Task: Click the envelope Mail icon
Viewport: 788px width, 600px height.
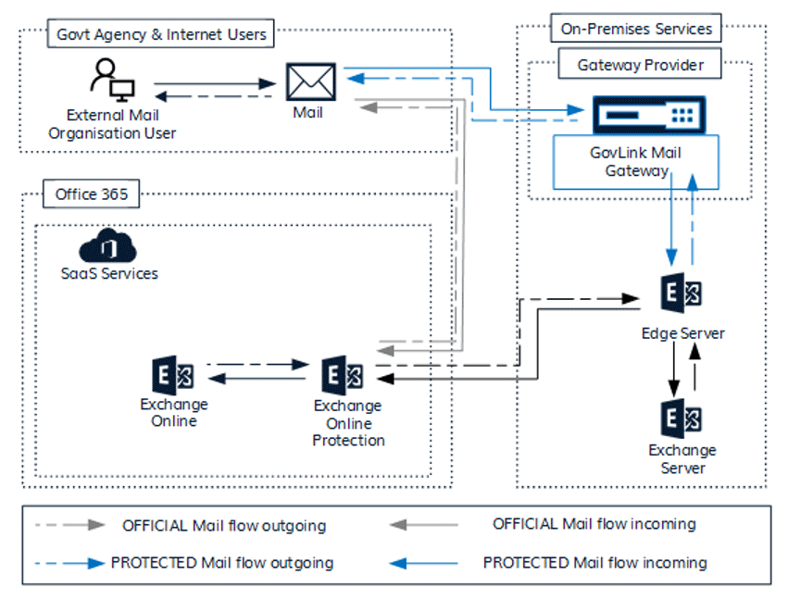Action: [x=310, y=81]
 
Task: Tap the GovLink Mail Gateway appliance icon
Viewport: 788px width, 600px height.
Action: [x=644, y=115]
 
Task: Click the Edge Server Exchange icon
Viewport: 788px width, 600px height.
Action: [x=682, y=295]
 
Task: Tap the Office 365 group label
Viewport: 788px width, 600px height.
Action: [x=91, y=194]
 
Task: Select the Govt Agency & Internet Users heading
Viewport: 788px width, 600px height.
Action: [x=161, y=35]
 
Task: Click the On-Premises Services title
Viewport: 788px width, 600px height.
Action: [x=636, y=29]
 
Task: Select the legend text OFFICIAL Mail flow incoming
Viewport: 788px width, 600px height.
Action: [x=594, y=524]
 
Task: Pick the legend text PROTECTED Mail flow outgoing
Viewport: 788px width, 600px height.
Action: [x=221, y=562]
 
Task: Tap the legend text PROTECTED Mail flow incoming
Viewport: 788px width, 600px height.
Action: [x=594, y=562]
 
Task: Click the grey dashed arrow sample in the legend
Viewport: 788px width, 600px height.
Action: [x=69, y=526]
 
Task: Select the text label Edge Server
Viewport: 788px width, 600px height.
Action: [x=682, y=333]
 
